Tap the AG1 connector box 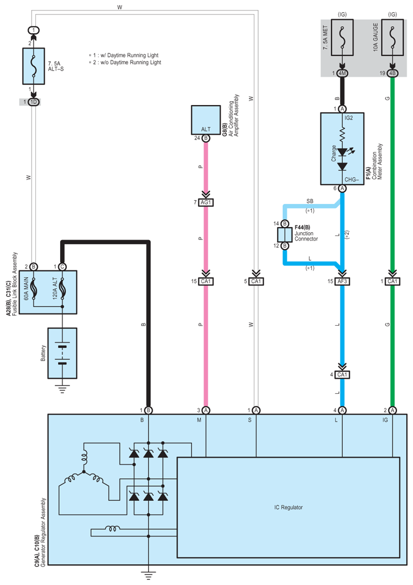click(x=206, y=202)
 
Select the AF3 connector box click(x=343, y=281)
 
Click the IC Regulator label click(x=288, y=507)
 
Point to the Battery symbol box click(x=62, y=353)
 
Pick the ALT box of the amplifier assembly click(x=206, y=121)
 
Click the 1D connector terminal click(x=34, y=102)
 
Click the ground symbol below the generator click(x=148, y=574)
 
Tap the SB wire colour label click(x=311, y=200)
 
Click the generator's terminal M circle click(x=206, y=410)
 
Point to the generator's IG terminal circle click(x=392, y=410)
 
